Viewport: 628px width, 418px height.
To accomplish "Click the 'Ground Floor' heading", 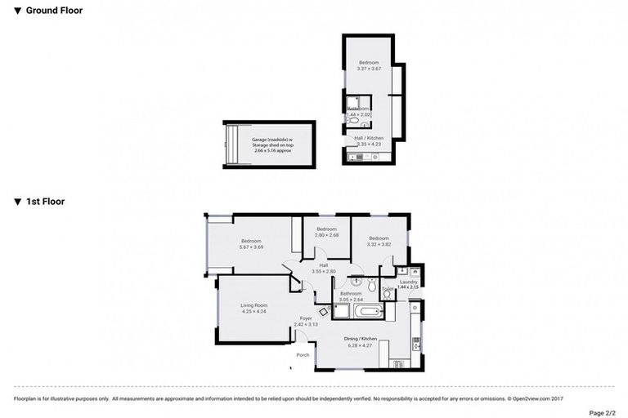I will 53,11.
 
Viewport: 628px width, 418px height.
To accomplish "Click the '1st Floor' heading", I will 45,201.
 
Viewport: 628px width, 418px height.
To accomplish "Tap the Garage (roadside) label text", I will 271,145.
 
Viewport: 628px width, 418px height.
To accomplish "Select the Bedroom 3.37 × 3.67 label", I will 370,65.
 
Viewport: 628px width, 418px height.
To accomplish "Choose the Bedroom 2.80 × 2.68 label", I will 327,233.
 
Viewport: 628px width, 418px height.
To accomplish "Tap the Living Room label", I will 253,309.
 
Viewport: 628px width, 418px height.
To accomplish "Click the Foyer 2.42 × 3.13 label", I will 306,321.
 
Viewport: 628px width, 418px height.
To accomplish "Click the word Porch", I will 303,355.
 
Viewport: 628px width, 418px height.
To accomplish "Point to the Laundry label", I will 408,284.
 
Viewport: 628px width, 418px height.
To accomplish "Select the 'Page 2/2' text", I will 601,412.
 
